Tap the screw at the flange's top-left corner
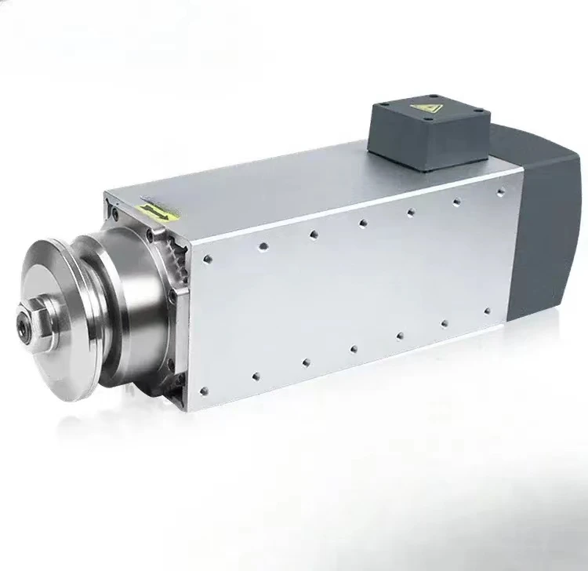coord(115,212)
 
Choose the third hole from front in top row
coord(313,234)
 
